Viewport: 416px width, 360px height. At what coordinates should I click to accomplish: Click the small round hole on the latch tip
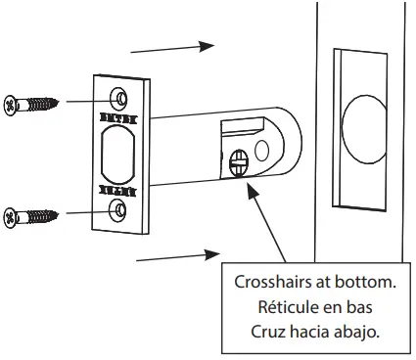[261, 149]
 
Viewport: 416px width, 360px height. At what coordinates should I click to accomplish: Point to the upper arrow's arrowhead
[206, 46]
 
